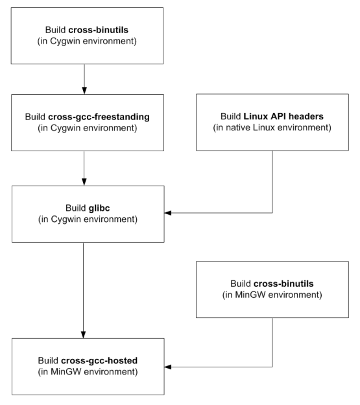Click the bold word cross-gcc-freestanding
pos(99,117)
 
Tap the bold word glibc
pos(99,208)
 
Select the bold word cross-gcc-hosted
pos(99,360)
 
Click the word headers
pos(306,116)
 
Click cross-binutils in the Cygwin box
pos(99,30)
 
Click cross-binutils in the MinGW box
pos(283,284)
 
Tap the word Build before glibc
pos(76,208)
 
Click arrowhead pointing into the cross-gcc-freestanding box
pos(84,90)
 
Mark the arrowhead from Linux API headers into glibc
pos(168,213)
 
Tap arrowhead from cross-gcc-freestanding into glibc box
pos(84,182)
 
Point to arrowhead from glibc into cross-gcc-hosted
pos(84,334)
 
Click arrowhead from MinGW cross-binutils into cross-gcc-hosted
pos(168,367)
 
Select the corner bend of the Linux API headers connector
pos(272,213)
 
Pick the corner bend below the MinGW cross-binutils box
pos(272,367)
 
